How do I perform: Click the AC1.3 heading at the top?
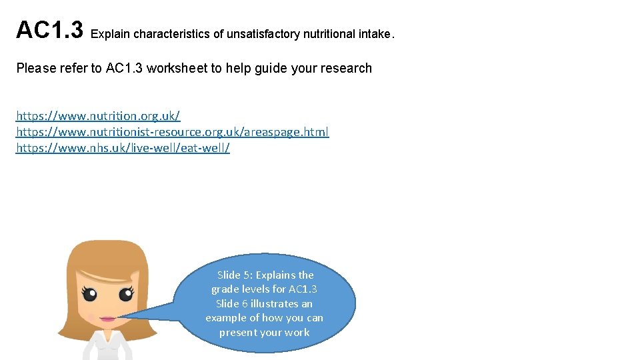pos(49,30)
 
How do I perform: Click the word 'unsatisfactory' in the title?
pos(263,34)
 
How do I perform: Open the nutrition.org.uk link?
pos(98,116)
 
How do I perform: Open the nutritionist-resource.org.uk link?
pos(172,132)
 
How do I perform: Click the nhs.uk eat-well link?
pos(123,148)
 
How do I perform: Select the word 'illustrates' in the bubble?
pos(275,303)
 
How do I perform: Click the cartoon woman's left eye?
pos(89,294)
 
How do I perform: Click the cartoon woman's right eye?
pos(125,294)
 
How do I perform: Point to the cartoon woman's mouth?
pos(107,319)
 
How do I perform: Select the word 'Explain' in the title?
pos(110,34)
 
